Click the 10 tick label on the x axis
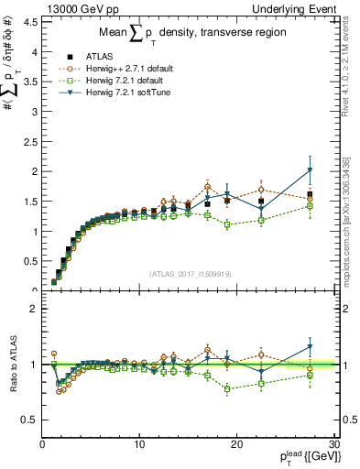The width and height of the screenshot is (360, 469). (139, 444)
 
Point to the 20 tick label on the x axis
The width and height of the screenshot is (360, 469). (236, 444)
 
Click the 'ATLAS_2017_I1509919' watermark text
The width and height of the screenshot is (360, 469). (188, 273)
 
